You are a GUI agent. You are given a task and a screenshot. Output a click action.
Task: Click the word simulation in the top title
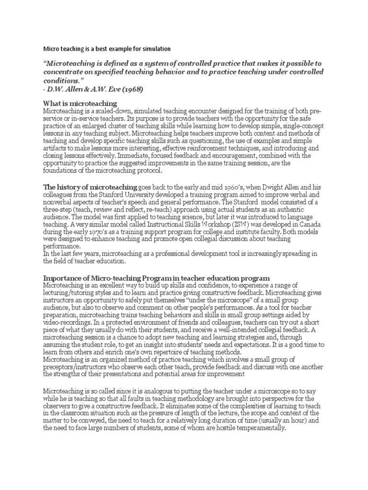point(155,49)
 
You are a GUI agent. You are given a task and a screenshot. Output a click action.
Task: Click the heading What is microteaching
point(80,104)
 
